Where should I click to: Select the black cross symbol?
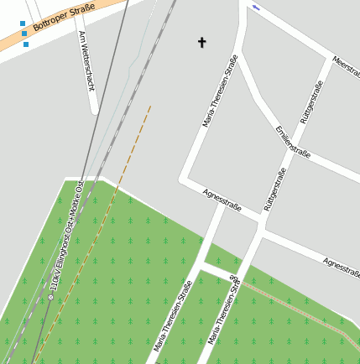click(x=201, y=42)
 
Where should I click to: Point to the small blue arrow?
click(x=255, y=8)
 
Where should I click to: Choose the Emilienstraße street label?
click(x=293, y=141)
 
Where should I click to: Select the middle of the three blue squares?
click(x=24, y=34)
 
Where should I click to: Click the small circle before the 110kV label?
click(x=50, y=297)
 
